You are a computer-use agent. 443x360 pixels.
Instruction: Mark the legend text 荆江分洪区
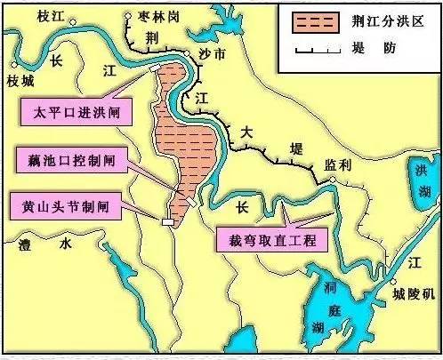click(x=375, y=20)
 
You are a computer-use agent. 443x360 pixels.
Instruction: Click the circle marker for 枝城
click(x=12, y=64)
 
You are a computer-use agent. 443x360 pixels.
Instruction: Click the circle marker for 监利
click(x=330, y=180)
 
